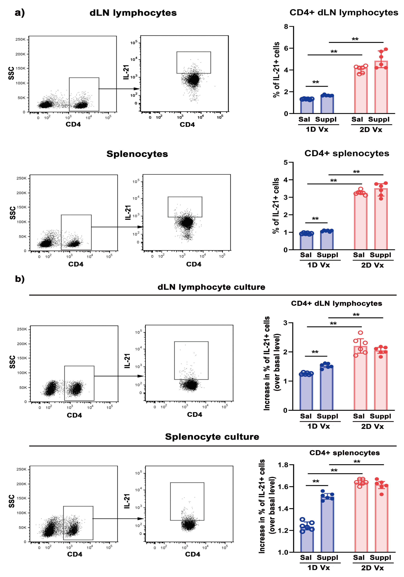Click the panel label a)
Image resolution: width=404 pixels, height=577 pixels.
click(x=20, y=13)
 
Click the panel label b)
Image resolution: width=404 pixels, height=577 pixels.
click(x=20, y=279)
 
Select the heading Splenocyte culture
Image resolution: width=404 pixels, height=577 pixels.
click(x=212, y=437)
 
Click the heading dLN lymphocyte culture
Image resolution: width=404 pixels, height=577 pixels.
click(x=211, y=287)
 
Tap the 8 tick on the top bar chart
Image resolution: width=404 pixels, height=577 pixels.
click(x=286, y=26)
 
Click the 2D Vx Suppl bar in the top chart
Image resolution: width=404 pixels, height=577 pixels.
click(x=381, y=88)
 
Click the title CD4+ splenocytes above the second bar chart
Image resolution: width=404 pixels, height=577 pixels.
click(x=346, y=153)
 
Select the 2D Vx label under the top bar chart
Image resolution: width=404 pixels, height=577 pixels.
click(x=371, y=130)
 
